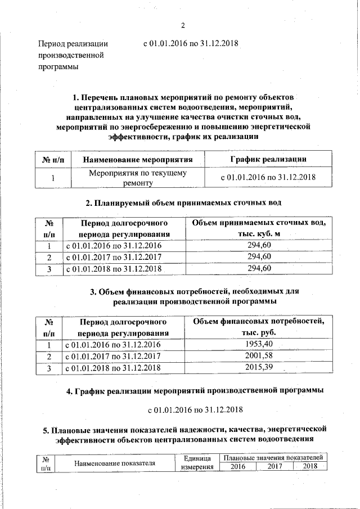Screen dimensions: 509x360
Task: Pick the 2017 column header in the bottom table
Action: [274, 466]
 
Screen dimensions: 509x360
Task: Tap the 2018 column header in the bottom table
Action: [310, 466]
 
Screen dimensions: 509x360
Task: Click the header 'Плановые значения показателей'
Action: [273, 458]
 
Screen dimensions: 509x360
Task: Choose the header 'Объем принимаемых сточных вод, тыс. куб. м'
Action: [259, 228]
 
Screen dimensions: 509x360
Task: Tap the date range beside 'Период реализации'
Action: [191, 44]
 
